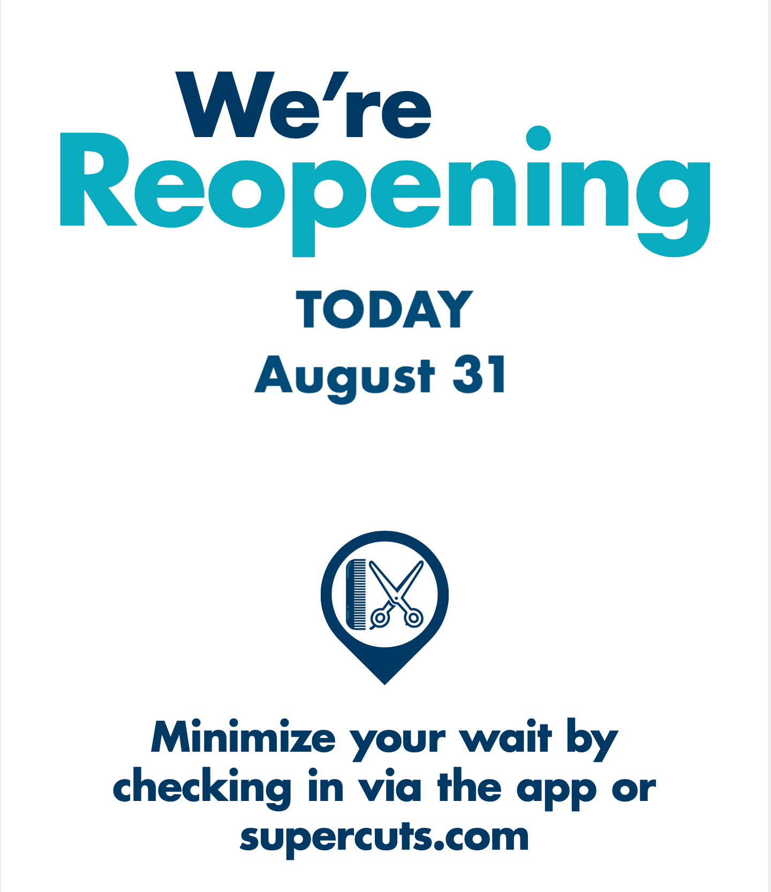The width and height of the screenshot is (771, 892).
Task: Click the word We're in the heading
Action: [304, 105]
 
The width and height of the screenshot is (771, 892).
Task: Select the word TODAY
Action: [385, 309]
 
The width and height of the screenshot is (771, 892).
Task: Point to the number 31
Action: [479, 374]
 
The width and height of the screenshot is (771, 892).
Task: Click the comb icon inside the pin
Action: [357, 594]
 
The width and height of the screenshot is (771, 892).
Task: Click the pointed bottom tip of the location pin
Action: [384, 684]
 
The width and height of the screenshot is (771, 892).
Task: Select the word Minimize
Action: [244, 738]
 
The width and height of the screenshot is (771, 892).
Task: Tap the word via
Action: [390, 787]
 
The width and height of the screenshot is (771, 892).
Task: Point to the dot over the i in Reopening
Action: [539, 139]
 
